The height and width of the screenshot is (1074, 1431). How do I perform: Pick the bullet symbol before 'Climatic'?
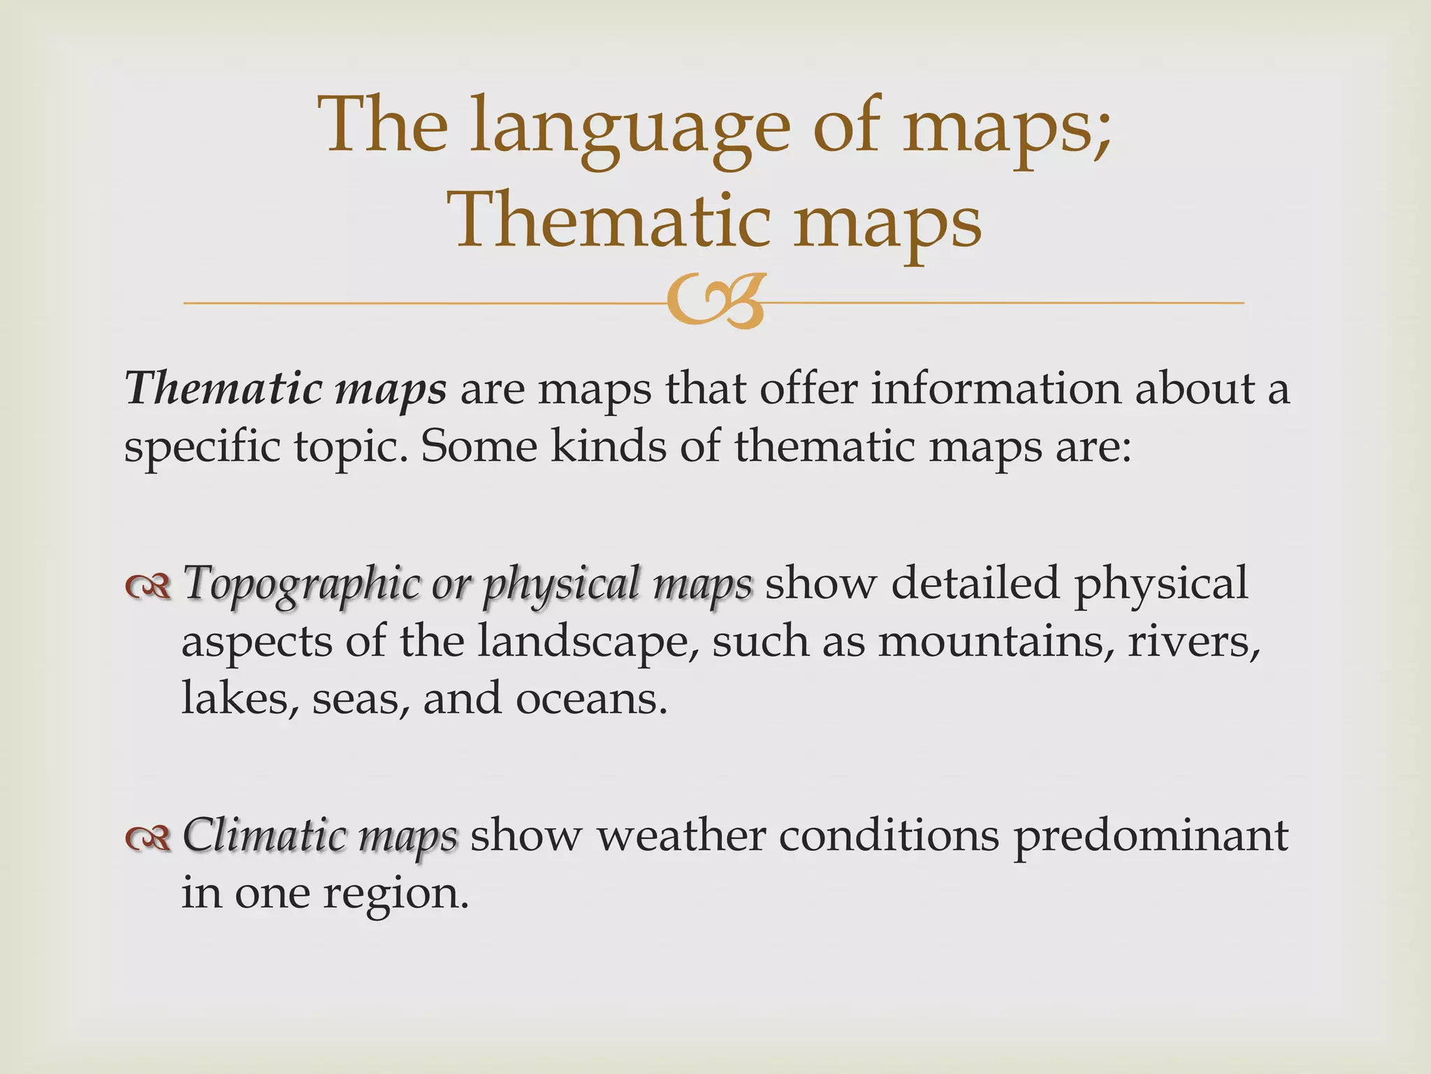(147, 838)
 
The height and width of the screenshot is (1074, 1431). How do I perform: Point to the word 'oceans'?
(590, 699)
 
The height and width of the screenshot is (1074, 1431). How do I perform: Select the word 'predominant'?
(1151, 836)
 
